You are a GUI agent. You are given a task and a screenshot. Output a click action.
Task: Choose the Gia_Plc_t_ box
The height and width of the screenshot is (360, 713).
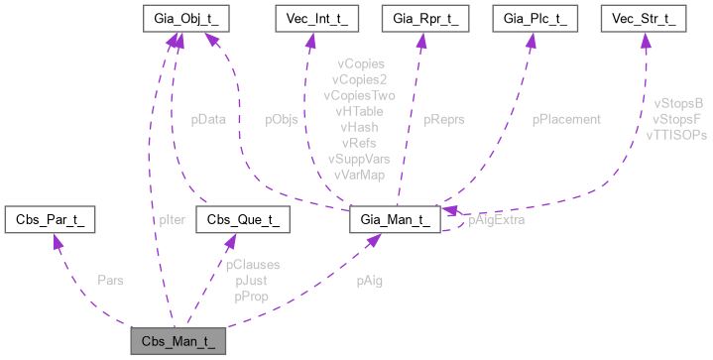(535, 19)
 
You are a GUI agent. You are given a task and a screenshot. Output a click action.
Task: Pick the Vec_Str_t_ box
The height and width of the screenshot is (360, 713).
(647, 19)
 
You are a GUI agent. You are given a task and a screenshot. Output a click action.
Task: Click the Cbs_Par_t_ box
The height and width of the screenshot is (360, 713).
(50, 220)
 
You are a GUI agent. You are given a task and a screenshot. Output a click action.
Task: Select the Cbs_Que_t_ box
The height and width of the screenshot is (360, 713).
(242, 220)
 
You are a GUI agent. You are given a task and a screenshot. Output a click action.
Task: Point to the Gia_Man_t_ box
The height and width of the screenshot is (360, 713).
(394, 220)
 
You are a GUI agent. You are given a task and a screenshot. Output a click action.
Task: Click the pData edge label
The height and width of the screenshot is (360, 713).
(208, 119)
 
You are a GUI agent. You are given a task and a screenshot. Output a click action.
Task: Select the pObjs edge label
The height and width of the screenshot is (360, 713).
(282, 119)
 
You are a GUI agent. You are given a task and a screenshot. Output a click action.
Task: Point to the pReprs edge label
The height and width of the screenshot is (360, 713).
(443, 119)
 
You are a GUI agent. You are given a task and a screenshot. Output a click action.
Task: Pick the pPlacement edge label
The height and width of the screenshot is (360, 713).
(566, 119)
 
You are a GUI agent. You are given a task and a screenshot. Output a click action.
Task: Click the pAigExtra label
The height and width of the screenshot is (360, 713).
(496, 220)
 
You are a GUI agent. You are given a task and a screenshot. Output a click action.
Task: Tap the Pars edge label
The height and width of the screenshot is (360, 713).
(110, 281)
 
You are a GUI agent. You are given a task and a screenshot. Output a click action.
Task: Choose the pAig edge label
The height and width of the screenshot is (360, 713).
(370, 281)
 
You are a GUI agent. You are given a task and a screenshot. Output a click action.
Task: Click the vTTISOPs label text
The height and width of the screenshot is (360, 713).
(675, 134)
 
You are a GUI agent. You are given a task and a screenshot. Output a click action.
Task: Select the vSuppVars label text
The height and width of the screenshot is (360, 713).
(358, 159)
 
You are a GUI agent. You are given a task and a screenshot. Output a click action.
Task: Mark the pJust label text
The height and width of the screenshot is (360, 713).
(250, 281)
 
